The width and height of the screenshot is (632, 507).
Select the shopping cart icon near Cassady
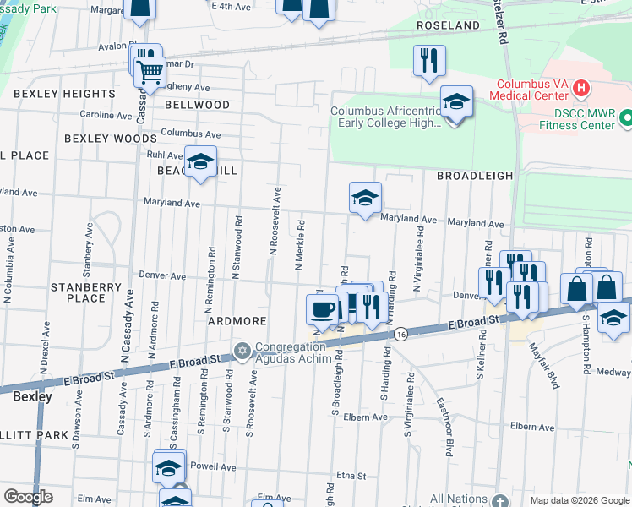point(150,74)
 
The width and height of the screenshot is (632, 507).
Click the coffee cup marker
point(322,308)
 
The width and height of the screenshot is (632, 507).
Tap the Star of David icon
point(242,349)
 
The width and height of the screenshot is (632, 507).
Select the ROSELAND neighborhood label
point(448,26)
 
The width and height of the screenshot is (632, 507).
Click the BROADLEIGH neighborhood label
point(475,176)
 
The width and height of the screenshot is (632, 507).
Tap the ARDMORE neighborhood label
point(237,322)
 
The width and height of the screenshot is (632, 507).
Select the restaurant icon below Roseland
point(429,59)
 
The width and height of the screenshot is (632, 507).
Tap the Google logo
point(28,497)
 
